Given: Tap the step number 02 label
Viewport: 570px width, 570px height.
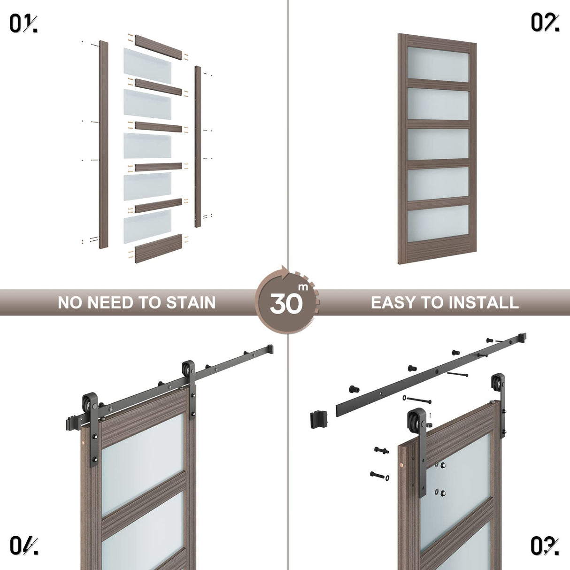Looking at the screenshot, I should (545, 23).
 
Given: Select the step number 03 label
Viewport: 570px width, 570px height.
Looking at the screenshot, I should (545, 546).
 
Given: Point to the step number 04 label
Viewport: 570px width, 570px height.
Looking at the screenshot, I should (23, 546).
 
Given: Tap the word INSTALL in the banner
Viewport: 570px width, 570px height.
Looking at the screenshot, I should (483, 302).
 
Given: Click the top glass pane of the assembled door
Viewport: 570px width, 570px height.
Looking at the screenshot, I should (439, 64).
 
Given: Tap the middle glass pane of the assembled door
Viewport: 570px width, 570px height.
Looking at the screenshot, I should (439, 144).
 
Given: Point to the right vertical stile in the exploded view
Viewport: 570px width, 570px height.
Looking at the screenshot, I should (198, 146).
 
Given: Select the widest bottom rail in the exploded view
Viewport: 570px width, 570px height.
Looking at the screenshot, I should (159, 247).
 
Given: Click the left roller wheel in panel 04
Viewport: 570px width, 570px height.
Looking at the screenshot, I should (89, 405).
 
